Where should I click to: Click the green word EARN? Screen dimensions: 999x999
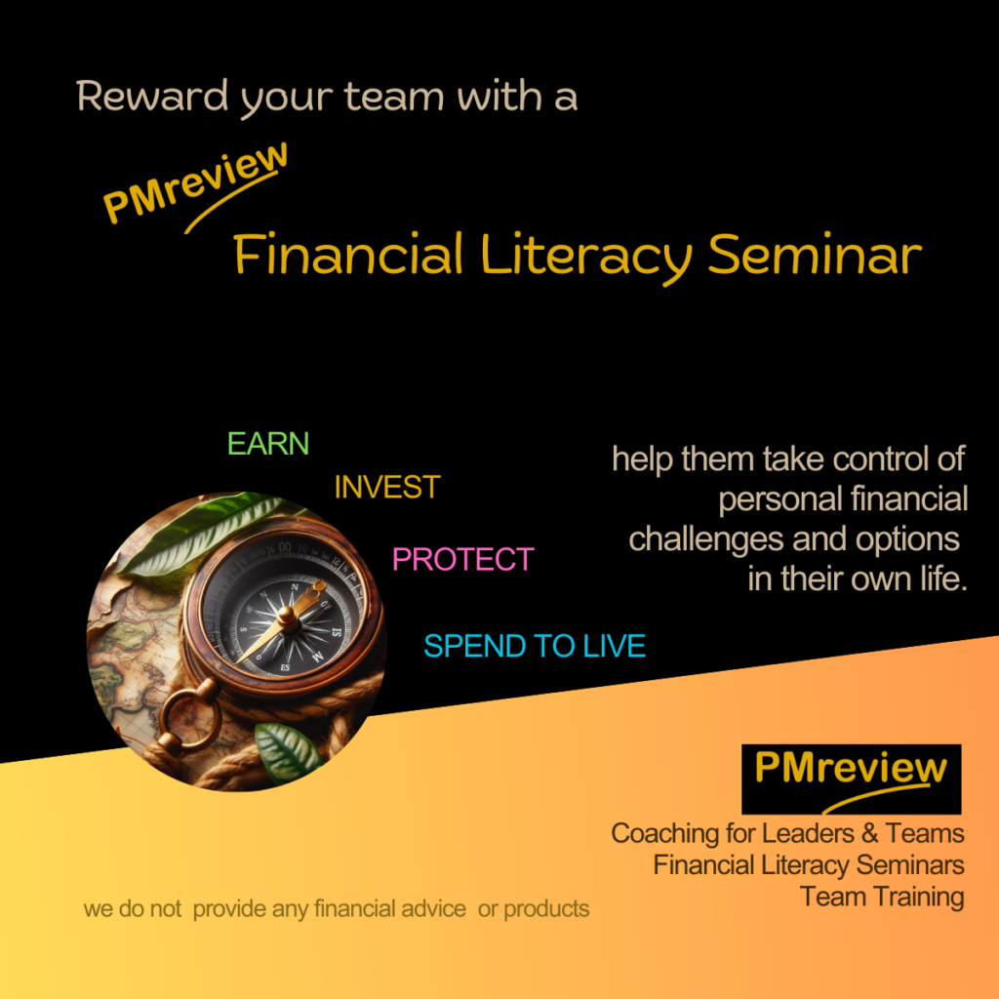pyautogui.click(x=268, y=444)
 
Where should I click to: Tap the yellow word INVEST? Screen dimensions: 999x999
pyautogui.click(x=387, y=488)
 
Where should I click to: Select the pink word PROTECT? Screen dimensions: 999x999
pyautogui.click(x=463, y=559)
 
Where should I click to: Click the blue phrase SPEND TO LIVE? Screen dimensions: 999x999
pyautogui.click(x=535, y=646)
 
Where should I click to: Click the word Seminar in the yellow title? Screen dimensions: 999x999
pyautogui.click(x=815, y=255)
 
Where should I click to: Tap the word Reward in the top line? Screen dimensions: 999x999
pyautogui.click(x=152, y=97)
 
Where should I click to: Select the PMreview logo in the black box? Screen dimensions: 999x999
pyautogui.click(x=851, y=779)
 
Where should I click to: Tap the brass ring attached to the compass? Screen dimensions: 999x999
pyautogui.click(x=189, y=717)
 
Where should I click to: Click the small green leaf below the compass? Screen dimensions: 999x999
pyautogui.click(x=288, y=752)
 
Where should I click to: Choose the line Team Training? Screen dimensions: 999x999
pyautogui.click(x=882, y=898)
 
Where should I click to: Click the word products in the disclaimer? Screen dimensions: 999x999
pyautogui.click(x=546, y=909)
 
